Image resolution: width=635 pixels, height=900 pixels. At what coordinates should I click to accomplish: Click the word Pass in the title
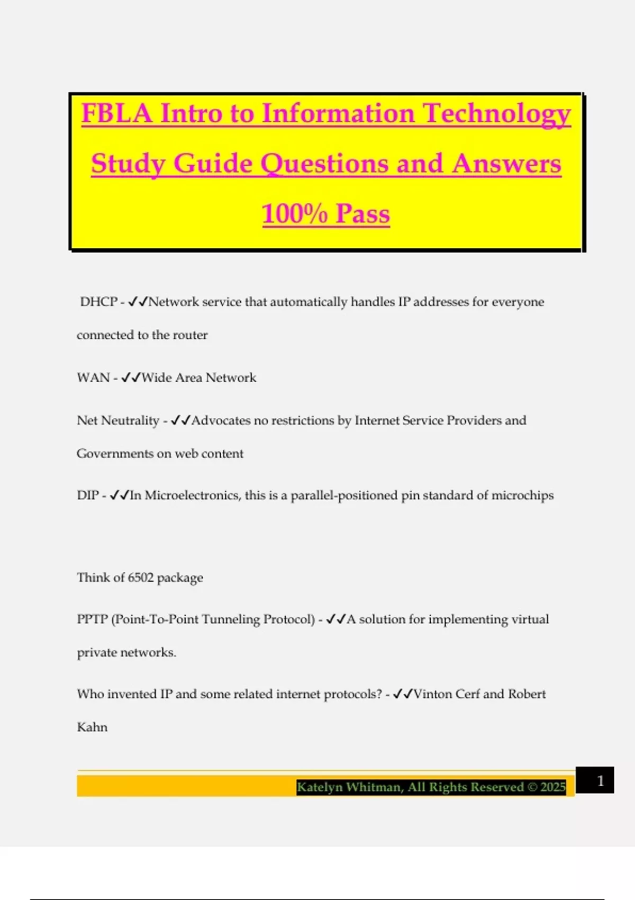(362, 214)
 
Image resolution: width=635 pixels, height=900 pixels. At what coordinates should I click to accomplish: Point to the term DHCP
(98, 302)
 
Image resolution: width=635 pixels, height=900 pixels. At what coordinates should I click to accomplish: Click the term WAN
(93, 377)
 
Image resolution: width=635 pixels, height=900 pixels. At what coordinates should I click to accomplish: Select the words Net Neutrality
(118, 420)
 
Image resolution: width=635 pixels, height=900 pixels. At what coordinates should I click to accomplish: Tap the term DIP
(88, 496)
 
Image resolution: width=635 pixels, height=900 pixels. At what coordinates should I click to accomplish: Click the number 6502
(140, 577)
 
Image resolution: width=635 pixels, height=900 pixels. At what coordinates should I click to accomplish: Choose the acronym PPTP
(92, 619)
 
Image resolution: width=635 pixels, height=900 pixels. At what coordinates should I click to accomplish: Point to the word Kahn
(92, 727)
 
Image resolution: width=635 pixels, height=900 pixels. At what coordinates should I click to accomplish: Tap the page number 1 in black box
(600, 781)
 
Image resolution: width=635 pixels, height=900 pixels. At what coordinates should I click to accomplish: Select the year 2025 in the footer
(553, 787)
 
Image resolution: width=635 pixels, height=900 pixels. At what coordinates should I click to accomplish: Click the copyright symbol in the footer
(532, 787)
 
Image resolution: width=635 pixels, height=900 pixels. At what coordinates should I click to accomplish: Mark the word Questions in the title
(325, 164)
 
